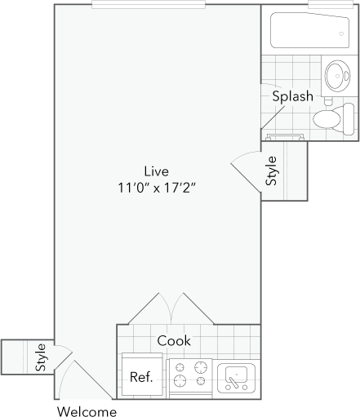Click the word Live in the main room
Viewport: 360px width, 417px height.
(155, 171)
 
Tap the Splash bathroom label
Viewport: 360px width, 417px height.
(292, 96)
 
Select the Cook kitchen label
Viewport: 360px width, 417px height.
(174, 339)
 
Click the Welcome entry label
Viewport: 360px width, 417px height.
(87, 410)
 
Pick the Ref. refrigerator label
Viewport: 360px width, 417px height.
(141, 379)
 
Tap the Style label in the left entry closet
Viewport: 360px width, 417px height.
(40, 357)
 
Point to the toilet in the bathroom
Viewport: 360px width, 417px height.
(330, 120)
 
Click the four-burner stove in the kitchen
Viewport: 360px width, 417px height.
(190, 379)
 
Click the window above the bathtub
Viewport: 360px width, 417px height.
(330, 5)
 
